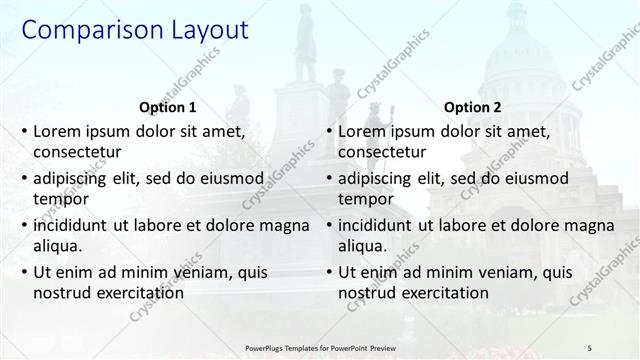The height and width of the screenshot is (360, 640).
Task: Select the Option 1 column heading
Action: click(x=166, y=107)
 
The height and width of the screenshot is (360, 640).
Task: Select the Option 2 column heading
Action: click(x=472, y=107)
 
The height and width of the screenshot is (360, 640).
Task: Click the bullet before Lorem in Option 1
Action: click(x=23, y=132)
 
